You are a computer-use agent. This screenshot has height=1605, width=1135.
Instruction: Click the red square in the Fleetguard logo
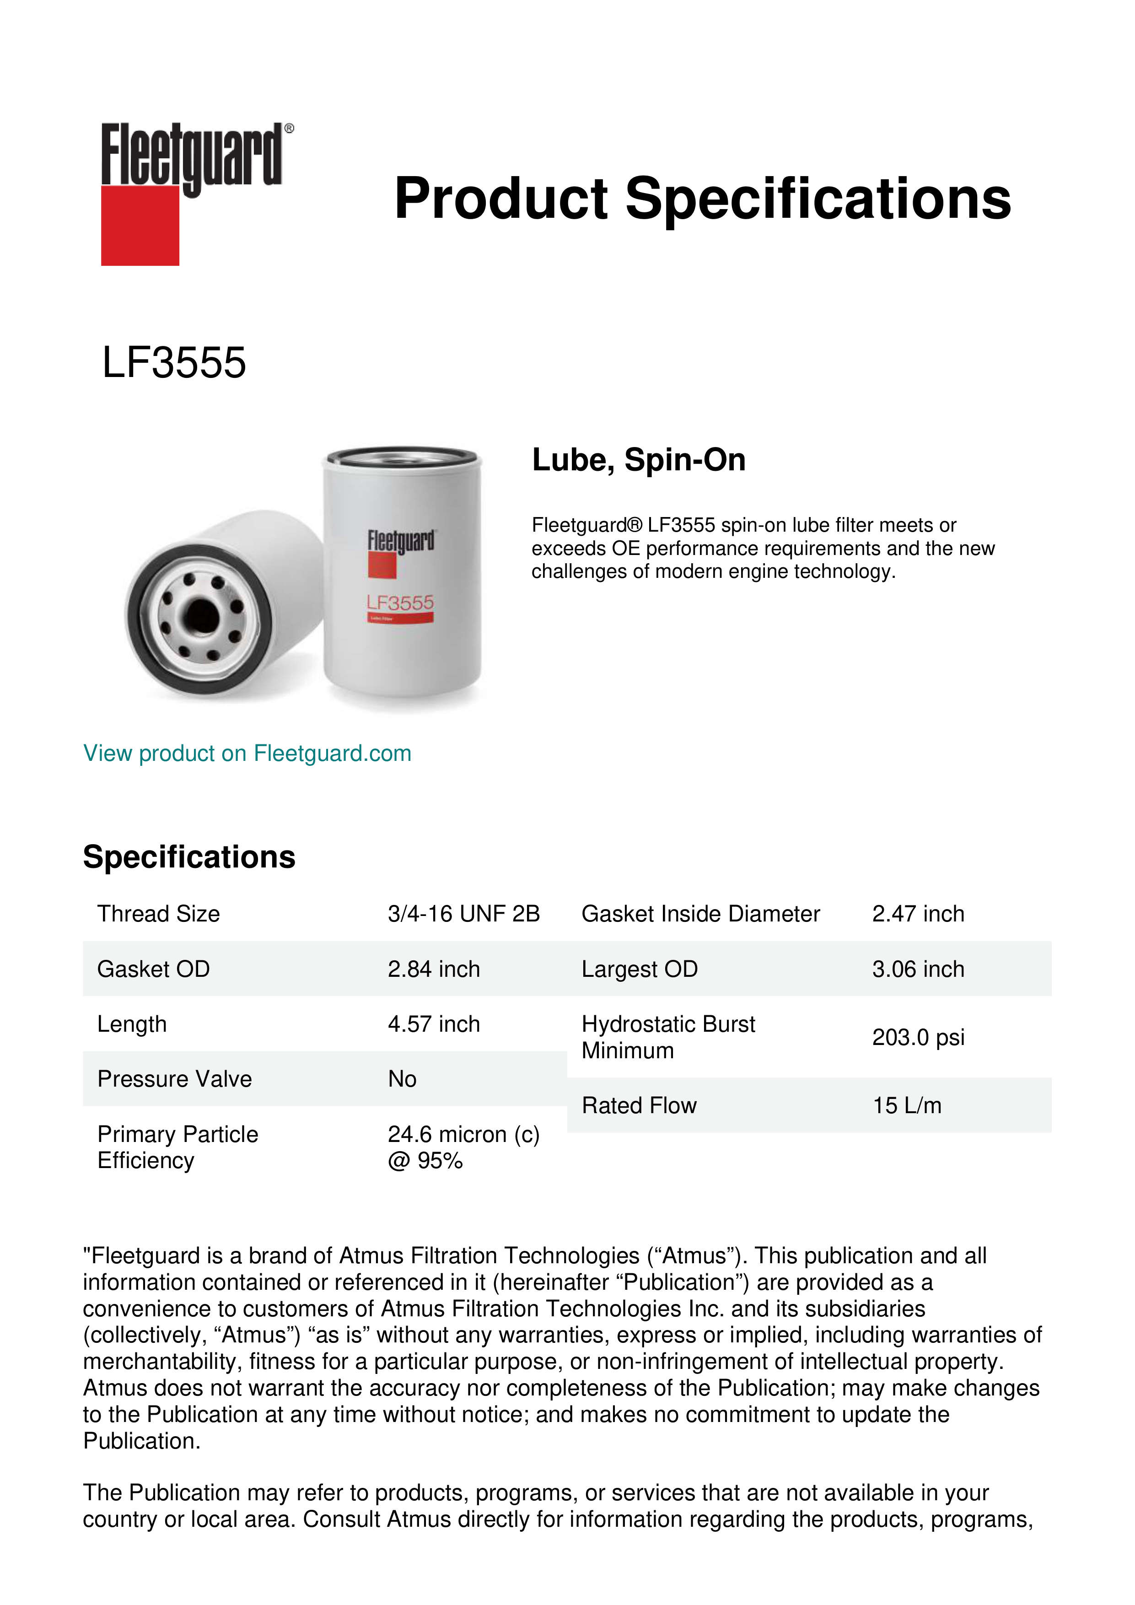(x=140, y=225)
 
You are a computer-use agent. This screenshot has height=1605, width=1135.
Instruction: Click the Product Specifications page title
(x=702, y=199)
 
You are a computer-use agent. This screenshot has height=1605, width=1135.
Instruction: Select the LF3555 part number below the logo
(x=174, y=363)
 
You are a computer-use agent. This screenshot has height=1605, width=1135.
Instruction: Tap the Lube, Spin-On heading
(x=639, y=460)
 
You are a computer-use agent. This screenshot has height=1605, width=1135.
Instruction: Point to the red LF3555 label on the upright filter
(x=400, y=603)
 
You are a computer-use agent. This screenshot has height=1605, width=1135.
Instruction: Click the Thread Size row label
(x=159, y=914)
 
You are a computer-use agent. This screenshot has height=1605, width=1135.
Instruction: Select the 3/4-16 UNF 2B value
(x=464, y=914)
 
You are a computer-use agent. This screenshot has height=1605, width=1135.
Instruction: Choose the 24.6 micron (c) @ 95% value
(x=463, y=1147)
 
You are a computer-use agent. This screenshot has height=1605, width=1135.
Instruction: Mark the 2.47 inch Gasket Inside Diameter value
(x=918, y=914)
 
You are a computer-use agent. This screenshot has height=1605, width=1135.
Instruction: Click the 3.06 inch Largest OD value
(x=918, y=969)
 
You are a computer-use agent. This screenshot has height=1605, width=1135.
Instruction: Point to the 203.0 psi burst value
(x=918, y=1037)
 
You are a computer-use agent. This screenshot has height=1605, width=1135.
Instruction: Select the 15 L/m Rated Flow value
(x=906, y=1106)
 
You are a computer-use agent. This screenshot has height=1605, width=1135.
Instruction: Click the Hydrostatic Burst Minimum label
(x=668, y=1037)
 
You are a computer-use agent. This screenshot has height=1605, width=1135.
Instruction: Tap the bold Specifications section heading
(x=189, y=857)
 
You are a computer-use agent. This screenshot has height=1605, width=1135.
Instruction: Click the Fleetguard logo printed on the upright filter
(x=401, y=542)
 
